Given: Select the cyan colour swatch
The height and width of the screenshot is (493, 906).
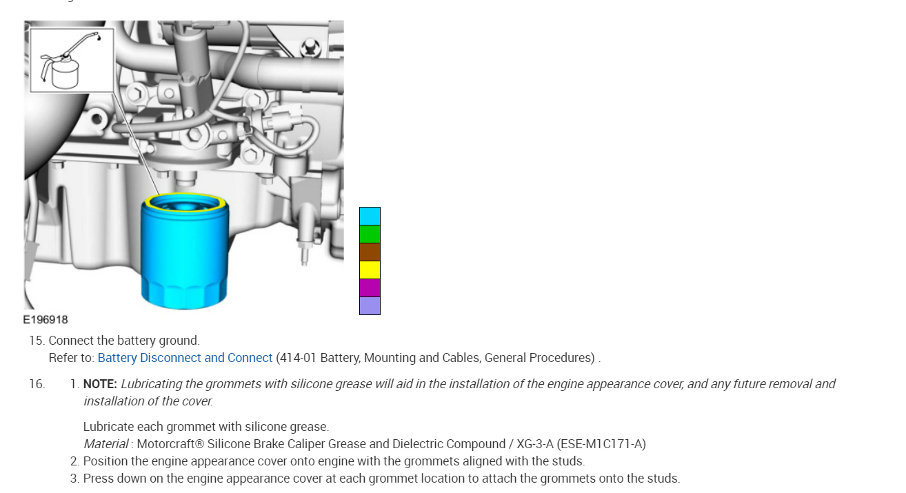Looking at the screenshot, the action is pos(370,216).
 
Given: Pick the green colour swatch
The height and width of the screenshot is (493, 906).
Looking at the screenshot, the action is pos(370,234).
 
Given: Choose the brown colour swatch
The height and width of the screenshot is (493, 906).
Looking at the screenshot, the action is pos(370,252).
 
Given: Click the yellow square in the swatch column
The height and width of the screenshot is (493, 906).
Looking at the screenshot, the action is pos(370,270).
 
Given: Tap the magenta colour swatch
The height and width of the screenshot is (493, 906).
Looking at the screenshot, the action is pos(370,288).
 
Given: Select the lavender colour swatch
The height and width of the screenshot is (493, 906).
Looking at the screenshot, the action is pos(370,305).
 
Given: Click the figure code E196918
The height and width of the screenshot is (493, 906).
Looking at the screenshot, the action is pos(46,320).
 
